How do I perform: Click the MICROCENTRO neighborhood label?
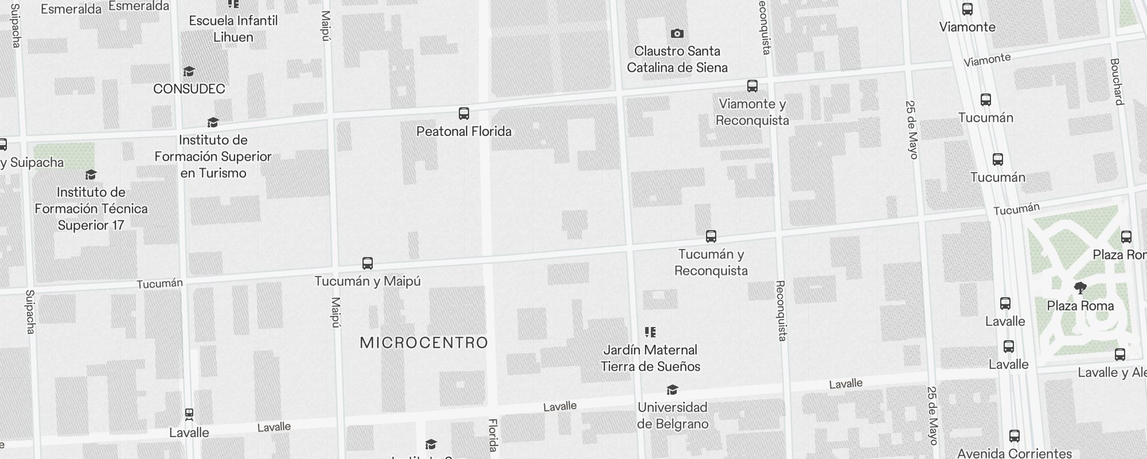[x=424, y=343]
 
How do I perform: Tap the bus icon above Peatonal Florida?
[x=464, y=114]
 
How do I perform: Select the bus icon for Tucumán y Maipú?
[x=368, y=263]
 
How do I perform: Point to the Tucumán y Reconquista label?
[x=711, y=262]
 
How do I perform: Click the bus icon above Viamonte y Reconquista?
[x=752, y=86]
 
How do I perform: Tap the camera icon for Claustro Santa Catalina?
[x=677, y=34]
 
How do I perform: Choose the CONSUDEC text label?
[x=189, y=89]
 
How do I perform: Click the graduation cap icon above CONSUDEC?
[x=189, y=72]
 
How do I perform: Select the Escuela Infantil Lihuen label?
[x=233, y=29]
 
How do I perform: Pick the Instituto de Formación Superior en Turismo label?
[x=213, y=157]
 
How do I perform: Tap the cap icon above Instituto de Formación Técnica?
[x=91, y=174]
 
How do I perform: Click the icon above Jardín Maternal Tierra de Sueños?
[x=650, y=332]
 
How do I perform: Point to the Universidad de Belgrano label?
[x=673, y=415]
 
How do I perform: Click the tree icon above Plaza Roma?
[x=1080, y=288]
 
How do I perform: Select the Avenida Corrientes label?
[x=1014, y=453]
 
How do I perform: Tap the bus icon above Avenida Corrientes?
[x=1015, y=436]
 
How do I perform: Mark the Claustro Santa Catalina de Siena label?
[x=677, y=59]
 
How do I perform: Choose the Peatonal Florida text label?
[x=464, y=131]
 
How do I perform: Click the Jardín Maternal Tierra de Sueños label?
[x=650, y=358]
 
